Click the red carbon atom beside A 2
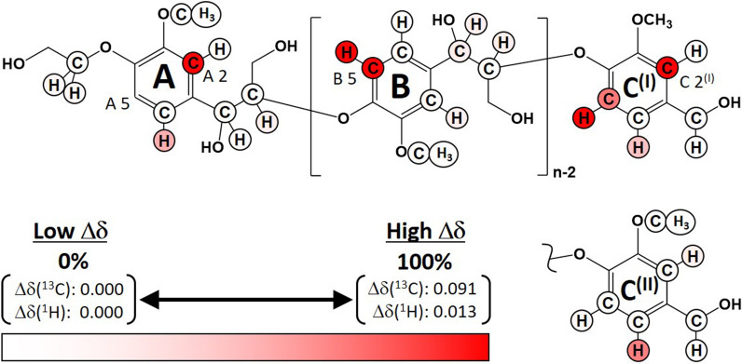point(190,63)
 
